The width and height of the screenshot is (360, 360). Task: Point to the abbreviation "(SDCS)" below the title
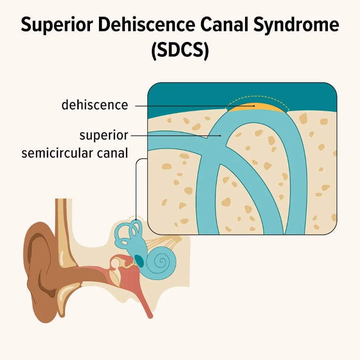(180, 50)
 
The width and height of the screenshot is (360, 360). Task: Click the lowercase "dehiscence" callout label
(95, 105)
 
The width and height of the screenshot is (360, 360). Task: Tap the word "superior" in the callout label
(104, 135)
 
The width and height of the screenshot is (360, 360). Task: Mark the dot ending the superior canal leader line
(221, 135)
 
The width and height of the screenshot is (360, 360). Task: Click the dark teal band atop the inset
(188, 97)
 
